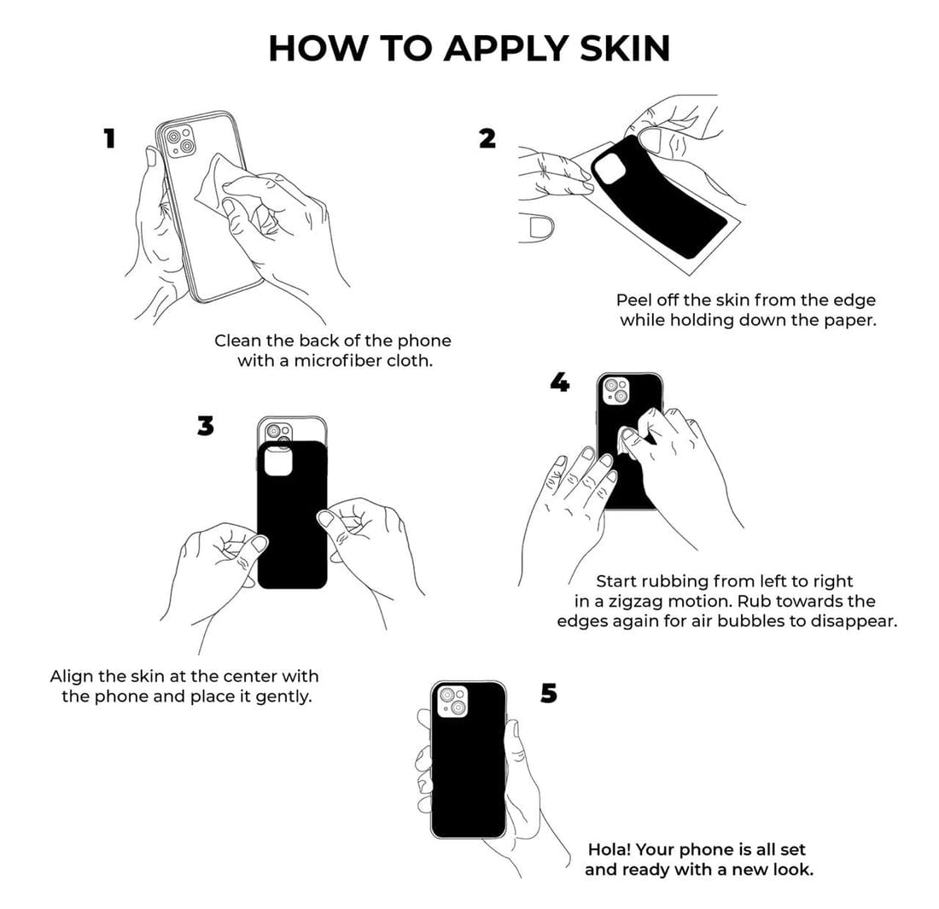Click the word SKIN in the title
[x=625, y=49]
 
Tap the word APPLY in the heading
[x=504, y=49]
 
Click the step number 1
[x=109, y=138]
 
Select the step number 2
[x=487, y=138]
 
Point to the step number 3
[x=206, y=426]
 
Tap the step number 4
[x=560, y=382]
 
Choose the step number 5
[x=549, y=693]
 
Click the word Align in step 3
[x=73, y=677]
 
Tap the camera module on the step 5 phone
[x=452, y=702]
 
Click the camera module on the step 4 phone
[x=616, y=390]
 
